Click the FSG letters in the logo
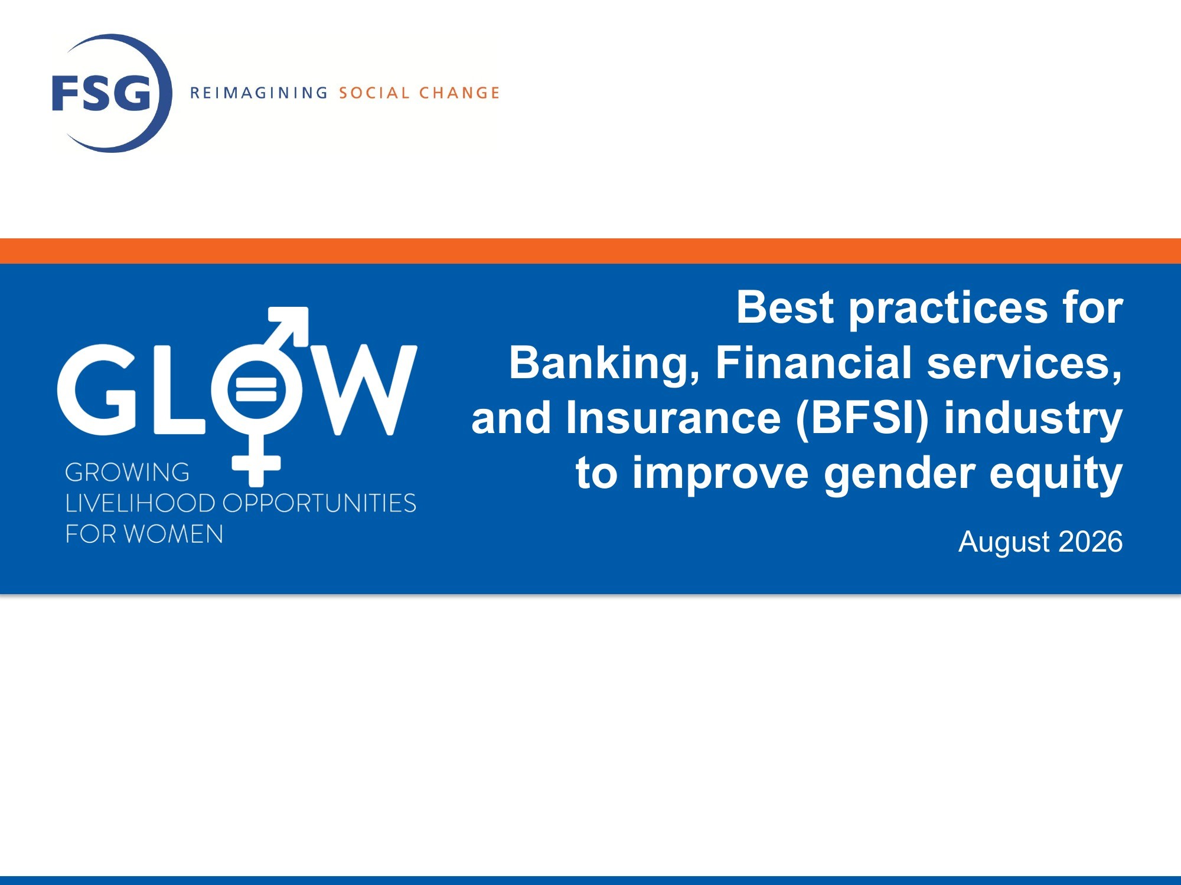point(102,93)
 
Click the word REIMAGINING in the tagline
point(259,93)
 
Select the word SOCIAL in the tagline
point(374,93)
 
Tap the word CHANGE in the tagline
point(459,93)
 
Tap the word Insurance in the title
point(674,417)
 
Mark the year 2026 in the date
point(1091,541)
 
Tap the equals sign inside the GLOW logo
point(256,389)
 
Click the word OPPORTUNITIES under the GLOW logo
point(319,503)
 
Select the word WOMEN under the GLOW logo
point(174,534)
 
